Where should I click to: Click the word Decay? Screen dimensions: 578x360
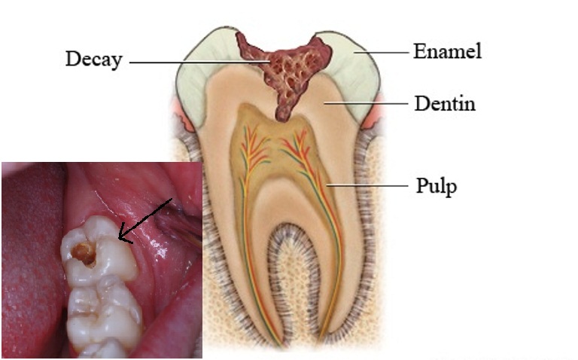[x=93, y=59]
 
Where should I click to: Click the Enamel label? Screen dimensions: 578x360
[x=447, y=51]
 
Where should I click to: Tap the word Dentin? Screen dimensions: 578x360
[x=445, y=102]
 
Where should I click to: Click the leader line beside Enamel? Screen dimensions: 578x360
[x=384, y=53]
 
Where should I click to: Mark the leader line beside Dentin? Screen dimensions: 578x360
[x=369, y=103]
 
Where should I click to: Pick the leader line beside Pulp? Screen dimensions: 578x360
[x=369, y=185]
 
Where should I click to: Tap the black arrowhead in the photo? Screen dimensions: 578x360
[x=123, y=239]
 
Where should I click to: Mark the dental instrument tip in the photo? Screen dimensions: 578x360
[x=184, y=218]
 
